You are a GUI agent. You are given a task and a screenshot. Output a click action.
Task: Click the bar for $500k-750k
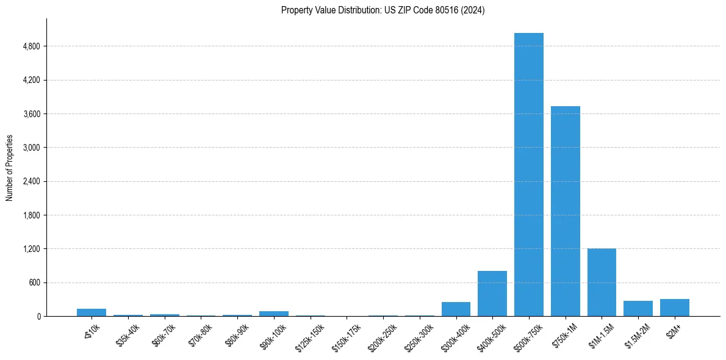[528, 175]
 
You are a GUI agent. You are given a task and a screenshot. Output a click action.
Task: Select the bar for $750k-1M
[565, 211]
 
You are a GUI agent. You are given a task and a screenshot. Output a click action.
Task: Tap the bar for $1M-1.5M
[602, 283]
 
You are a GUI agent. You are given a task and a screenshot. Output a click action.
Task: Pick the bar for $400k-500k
[492, 293]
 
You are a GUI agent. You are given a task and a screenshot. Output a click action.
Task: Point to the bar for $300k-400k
[456, 309]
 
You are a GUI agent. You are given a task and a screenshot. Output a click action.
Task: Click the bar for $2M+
[674, 308]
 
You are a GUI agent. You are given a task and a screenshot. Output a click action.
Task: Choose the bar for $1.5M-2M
[638, 308]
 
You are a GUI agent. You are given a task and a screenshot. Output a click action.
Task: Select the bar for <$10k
[92, 312]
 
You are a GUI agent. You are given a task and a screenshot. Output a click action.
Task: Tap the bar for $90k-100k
[273, 314]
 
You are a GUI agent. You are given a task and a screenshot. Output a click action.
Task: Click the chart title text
[383, 10]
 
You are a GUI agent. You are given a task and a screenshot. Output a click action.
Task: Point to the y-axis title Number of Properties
[10, 168]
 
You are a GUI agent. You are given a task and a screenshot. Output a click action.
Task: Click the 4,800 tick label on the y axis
[31, 46]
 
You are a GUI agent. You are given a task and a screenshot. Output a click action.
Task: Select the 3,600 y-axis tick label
[31, 114]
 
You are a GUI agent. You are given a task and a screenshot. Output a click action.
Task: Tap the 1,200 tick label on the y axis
[31, 249]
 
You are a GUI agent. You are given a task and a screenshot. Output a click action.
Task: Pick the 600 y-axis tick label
[35, 283]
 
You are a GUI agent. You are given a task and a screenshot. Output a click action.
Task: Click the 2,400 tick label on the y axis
[31, 181]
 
